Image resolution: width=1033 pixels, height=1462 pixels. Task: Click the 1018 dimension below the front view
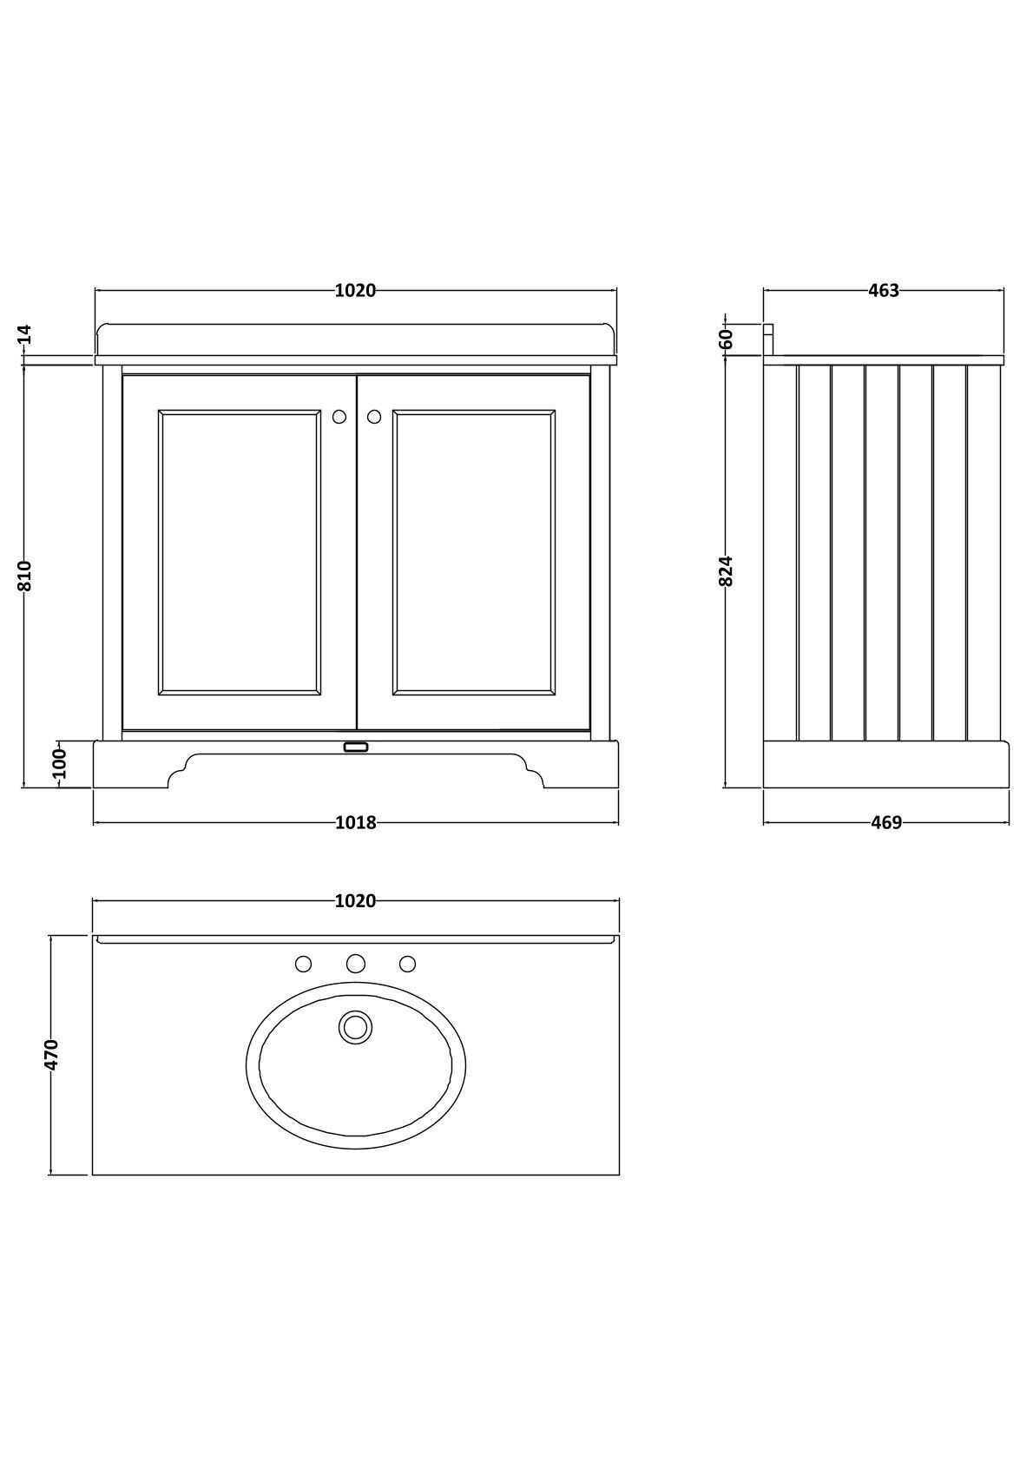pyautogui.click(x=356, y=823)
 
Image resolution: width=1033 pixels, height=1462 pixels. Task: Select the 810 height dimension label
pyautogui.click(x=25, y=576)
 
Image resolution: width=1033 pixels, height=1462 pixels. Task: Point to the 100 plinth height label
pyautogui.click(x=59, y=765)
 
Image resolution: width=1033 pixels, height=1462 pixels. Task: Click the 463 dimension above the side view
pyautogui.click(x=884, y=291)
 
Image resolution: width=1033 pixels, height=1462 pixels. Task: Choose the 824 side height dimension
pyautogui.click(x=727, y=570)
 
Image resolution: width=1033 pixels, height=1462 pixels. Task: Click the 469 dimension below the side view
pyautogui.click(x=886, y=823)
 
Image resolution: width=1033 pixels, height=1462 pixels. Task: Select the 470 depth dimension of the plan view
pyautogui.click(x=53, y=1054)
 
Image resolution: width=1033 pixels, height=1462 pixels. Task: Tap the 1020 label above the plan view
pyautogui.click(x=356, y=901)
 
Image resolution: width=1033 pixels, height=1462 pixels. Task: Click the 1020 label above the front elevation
pyautogui.click(x=356, y=291)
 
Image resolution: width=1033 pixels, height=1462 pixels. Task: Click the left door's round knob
pyautogui.click(x=339, y=417)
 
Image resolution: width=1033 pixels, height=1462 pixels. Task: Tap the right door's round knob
pyautogui.click(x=374, y=417)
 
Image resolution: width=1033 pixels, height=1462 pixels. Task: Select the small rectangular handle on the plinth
pyautogui.click(x=356, y=747)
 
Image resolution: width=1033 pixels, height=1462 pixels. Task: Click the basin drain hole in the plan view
pyautogui.click(x=355, y=1027)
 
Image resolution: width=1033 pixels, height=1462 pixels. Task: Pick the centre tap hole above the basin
pyautogui.click(x=355, y=963)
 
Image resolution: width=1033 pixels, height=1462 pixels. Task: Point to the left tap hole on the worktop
pyautogui.click(x=304, y=964)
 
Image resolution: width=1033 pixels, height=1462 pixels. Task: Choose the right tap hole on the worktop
pyautogui.click(x=407, y=964)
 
